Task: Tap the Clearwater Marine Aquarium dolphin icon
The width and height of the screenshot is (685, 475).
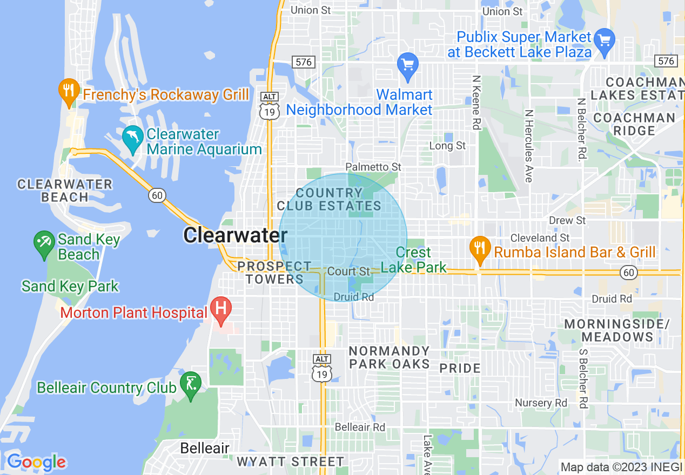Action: coord(132,138)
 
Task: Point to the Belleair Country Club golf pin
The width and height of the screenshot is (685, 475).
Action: coord(190,384)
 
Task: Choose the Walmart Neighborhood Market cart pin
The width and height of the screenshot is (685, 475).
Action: coord(408,65)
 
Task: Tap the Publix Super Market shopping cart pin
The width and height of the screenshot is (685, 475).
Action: coord(604,40)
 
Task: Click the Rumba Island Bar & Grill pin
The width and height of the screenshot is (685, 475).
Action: coord(479,249)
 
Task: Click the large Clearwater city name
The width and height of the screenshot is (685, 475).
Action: coord(235,235)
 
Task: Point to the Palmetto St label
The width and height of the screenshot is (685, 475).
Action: coord(373,167)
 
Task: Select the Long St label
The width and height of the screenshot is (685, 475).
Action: coord(447,146)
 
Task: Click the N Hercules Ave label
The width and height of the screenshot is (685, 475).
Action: coord(528,146)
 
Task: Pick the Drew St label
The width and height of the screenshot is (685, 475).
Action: coord(567,220)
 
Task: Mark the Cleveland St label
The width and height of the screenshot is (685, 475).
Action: coord(540,237)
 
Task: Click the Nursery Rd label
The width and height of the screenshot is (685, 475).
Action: coord(541,403)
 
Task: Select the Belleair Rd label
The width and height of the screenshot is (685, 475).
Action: coord(360,427)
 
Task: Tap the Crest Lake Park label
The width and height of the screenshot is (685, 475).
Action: coord(414,260)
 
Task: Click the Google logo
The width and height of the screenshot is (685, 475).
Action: coord(36,462)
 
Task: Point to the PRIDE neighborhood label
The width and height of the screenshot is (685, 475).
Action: coord(460,369)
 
